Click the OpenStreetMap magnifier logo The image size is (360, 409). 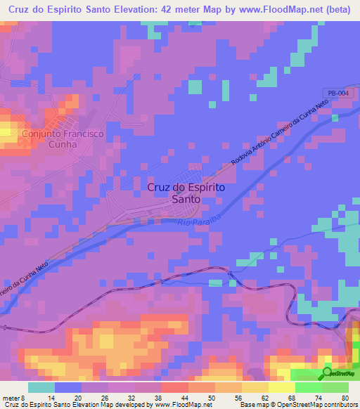[327, 372]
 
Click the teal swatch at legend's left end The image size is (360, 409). [41, 387]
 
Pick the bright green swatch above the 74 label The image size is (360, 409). [308, 387]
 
